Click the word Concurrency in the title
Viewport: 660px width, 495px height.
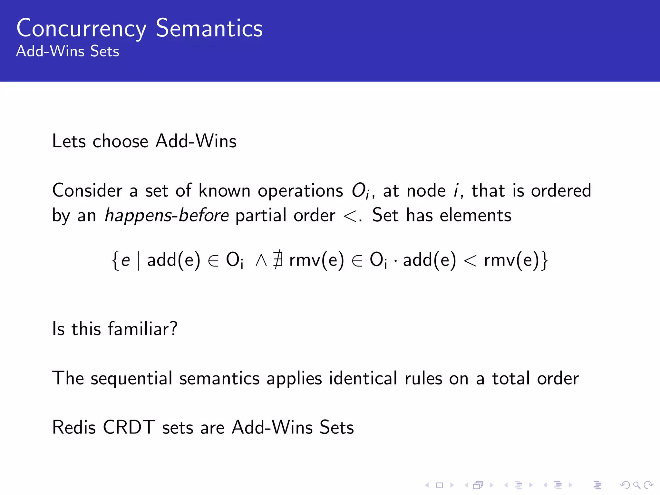point(81,29)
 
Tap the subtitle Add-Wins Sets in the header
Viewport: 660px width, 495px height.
point(68,51)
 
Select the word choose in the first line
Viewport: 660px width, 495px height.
point(120,141)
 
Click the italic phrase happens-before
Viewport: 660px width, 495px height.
point(167,215)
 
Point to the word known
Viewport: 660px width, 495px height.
point(224,190)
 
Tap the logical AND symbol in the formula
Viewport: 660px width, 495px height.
point(261,260)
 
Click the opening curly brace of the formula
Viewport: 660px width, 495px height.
point(115,260)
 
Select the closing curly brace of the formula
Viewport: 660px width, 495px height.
point(544,260)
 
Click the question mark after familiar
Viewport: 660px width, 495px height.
point(174,329)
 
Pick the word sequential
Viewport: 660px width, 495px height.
point(131,378)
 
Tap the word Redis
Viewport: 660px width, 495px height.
point(74,428)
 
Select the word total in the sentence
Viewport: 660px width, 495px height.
point(511,378)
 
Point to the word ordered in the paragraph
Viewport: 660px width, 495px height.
point(561,190)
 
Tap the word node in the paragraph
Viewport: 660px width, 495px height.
point(426,190)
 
